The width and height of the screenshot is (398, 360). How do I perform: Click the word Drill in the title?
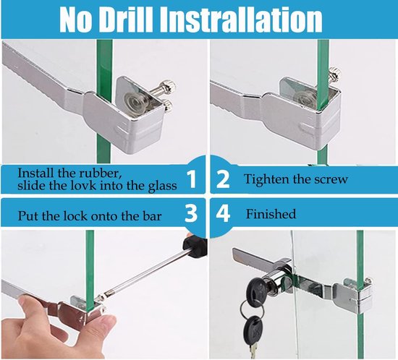125,19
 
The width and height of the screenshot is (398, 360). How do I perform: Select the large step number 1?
192,179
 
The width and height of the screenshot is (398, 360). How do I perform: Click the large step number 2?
223,179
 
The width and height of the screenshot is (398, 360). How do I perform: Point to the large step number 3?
191,213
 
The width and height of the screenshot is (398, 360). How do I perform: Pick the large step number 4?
223,213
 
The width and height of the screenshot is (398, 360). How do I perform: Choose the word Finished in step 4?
271,214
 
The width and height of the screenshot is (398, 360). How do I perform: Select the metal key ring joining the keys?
251,310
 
